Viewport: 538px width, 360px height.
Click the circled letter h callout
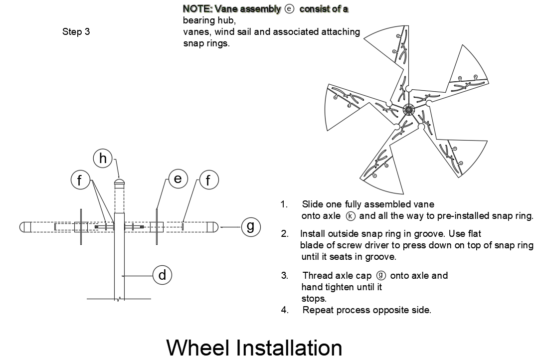click(x=103, y=159)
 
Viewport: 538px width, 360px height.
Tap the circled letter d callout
click(x=162, y=275)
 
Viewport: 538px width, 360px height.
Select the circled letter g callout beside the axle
click(x=251, y=227)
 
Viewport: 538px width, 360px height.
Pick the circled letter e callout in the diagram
click(x=178, y=179)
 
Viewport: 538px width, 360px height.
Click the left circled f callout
click(x=81, y=180)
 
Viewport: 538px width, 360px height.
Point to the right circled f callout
click(x=208, y=180)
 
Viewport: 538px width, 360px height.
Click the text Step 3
click(x=76, y=31)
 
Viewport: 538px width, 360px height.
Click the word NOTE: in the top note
click(x=197, y=9)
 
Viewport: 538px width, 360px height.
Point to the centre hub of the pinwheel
click(x=409, y=110)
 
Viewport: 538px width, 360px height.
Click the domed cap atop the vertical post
click(x=119, y=182)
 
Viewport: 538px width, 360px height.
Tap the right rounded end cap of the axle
click(x=212, y=227)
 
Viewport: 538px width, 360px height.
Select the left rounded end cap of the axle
click(x=25, y=227)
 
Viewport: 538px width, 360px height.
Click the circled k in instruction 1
click(x=351, y=216)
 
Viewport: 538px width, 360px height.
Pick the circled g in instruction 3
click(x=381, y=276)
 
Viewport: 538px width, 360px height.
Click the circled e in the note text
click(x=290, y=9)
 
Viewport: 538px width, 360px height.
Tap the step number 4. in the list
click(x=285, y=310)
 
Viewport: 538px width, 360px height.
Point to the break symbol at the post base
click(x=119, y=299)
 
